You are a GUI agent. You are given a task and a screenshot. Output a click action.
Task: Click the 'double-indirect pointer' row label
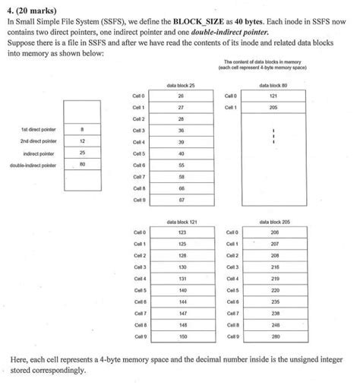click(37, 164)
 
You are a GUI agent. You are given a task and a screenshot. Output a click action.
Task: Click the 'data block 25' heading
click(181, 87)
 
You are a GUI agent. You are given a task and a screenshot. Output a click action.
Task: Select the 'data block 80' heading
click(273, 87)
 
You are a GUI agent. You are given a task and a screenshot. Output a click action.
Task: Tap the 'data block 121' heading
click(181, 222)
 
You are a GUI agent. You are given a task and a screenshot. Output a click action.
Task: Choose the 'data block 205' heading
click(273, 222)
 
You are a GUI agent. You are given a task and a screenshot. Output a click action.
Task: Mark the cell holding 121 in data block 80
click(273, 96)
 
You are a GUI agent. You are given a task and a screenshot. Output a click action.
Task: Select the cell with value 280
click(274, 335)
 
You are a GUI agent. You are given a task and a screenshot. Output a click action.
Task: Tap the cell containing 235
click(274, 301)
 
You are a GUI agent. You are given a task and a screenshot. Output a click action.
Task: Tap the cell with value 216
click(274, 267)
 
